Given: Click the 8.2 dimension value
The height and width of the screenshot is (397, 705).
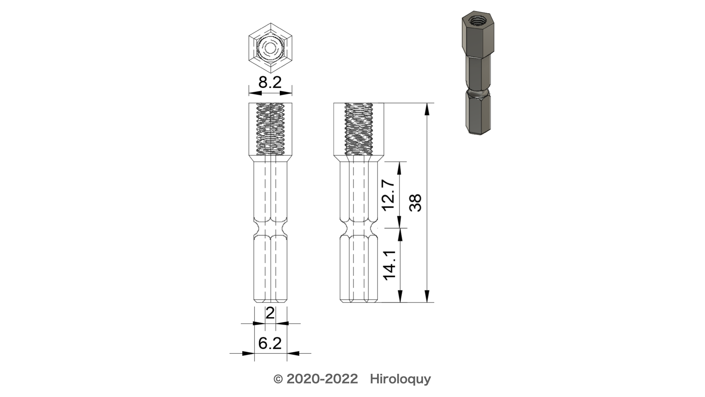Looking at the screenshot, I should coord(270,82).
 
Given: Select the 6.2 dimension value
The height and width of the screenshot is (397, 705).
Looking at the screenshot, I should coord(270,343).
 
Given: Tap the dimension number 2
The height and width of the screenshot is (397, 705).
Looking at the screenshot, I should coord(270,314).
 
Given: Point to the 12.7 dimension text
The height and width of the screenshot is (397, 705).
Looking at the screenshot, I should coord(388,195).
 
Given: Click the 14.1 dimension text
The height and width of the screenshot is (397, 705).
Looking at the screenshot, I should coord(388,265).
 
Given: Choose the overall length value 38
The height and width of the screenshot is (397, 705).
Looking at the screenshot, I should coord(416,203).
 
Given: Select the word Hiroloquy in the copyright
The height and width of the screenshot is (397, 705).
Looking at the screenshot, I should coord(400,379).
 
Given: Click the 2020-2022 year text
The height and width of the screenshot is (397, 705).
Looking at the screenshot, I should coord(322,379).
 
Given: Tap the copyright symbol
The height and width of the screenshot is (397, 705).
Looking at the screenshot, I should coord(278,379).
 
